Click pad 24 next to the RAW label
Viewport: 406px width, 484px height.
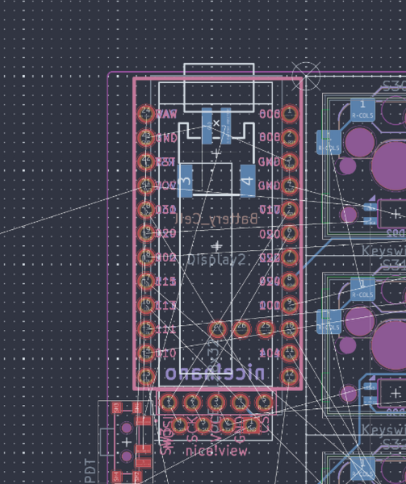click(x=146, y=114)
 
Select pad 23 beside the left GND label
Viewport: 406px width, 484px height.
click(x=146, y=138)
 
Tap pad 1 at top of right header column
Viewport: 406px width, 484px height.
click(x=290, y=114)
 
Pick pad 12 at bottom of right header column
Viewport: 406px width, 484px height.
click(x=290, y=376)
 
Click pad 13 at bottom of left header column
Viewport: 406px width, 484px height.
click(x=146, y=376)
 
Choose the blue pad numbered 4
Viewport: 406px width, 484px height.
click(x=248, y=181)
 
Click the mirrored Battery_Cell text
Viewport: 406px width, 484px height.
click(x=216, y=219)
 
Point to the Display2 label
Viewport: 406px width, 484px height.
click(x=216, y=260)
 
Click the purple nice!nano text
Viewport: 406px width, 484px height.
click(x=215, y=373)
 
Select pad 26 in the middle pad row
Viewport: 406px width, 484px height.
click(x=241, y=328)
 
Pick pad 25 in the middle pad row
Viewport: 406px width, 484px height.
click(x=265, y=328)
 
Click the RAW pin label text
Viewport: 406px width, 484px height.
click(x=166, y=114)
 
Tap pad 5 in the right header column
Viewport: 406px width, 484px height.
click(x=290, y=210)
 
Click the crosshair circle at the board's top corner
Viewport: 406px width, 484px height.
click(x=306, y=80)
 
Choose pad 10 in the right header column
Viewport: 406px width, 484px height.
click(x=290, y=328)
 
